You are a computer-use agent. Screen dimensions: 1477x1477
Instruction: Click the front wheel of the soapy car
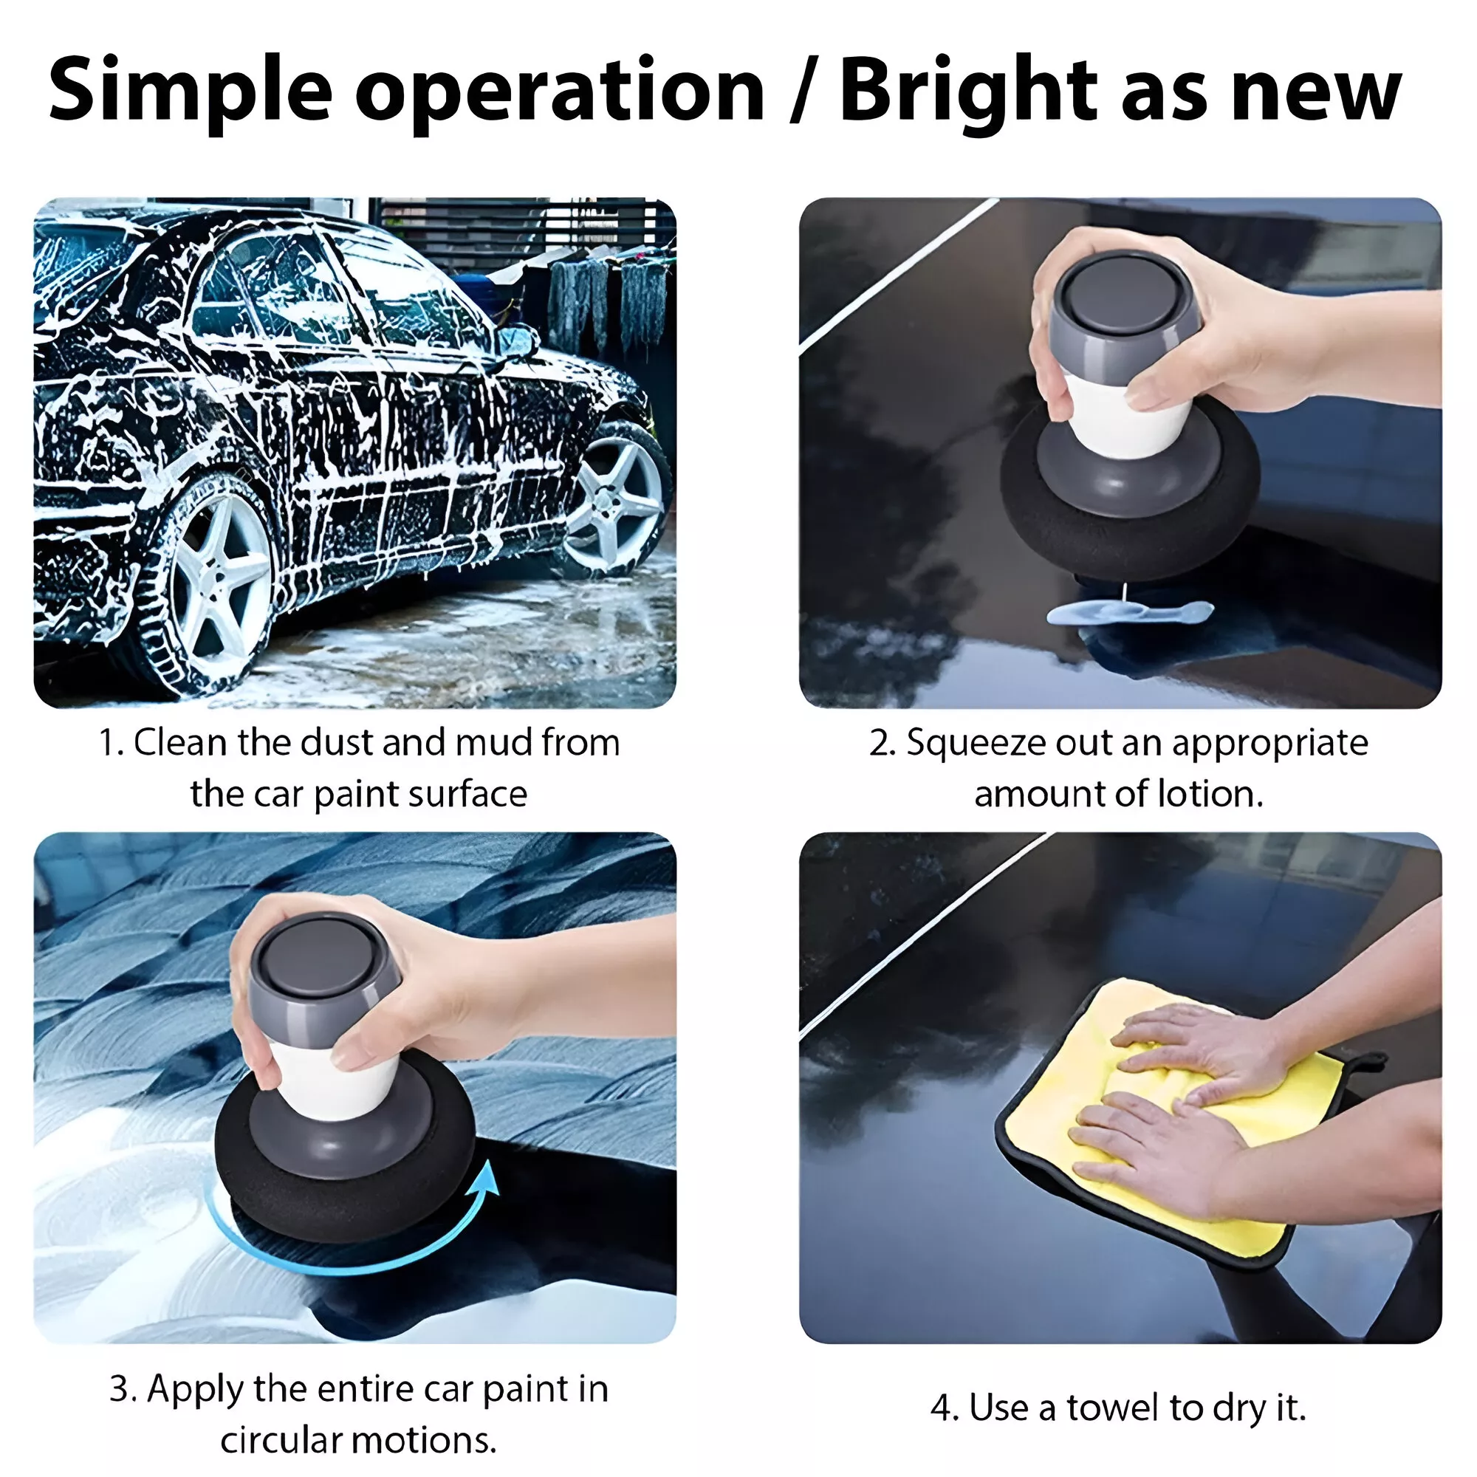(x=616, y=498)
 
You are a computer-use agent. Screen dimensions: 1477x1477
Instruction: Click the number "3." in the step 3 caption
(x=124, y=1388)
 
